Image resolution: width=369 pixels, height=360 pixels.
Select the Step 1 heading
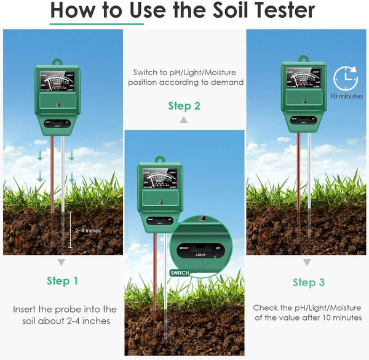click(x=62, y=281)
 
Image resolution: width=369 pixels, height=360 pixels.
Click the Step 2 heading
click(x=184, y=106)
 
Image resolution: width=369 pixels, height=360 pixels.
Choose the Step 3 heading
click(x=308, y=282)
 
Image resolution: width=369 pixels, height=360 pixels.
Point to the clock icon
click(x=345, y=78)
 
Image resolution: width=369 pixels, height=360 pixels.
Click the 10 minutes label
click(x=346, y=96)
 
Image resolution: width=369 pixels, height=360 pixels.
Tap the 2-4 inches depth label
click(x=87, y=230)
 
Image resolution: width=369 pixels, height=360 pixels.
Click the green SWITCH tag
click(x=181, y=273)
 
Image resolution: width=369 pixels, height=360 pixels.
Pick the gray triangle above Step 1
click(x=61, y=262)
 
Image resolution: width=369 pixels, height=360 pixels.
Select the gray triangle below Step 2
click(x=183, y=120)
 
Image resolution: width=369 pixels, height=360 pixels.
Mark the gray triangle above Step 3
click(x=307, y=262)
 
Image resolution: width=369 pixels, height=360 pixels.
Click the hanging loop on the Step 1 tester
click(x=58, y=62)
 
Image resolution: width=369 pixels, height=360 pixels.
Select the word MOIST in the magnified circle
click(x=183, y=247)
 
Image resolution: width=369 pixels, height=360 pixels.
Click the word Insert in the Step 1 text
click(x=27, y=309)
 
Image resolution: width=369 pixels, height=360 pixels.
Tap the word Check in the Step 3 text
click(x=266, y=307)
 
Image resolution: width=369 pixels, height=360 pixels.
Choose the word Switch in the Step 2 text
click(x=146, y=71)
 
